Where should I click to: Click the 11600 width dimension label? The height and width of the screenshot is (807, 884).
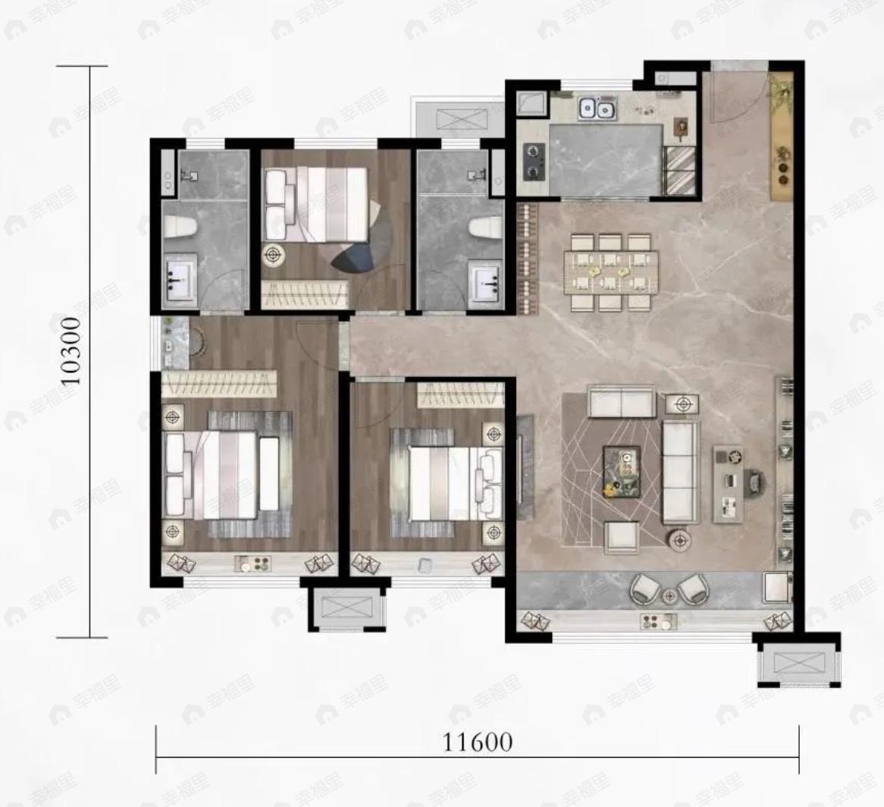tap(478, 742)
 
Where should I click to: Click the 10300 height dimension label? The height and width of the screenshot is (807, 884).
tap(71, 350)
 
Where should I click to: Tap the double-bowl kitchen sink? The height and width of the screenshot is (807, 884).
tap(597, 108)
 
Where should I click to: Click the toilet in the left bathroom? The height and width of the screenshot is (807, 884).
tap(180, 228)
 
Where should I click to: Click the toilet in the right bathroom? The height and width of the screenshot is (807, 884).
tap(486, 228)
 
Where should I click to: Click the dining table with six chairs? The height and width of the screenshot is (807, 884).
tap(611, 272)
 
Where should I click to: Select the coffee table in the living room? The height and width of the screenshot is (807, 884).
tap(621, 472)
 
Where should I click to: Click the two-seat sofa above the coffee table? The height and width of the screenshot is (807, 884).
tap(621, 401)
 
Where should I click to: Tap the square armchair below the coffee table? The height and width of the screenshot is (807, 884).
tap(622, 537)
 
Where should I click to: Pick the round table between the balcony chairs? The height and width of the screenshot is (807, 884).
tap(669, 595)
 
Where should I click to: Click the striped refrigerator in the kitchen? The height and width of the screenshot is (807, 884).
tap(681, 171)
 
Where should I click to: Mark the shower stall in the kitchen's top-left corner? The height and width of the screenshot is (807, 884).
tap(531, 104)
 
